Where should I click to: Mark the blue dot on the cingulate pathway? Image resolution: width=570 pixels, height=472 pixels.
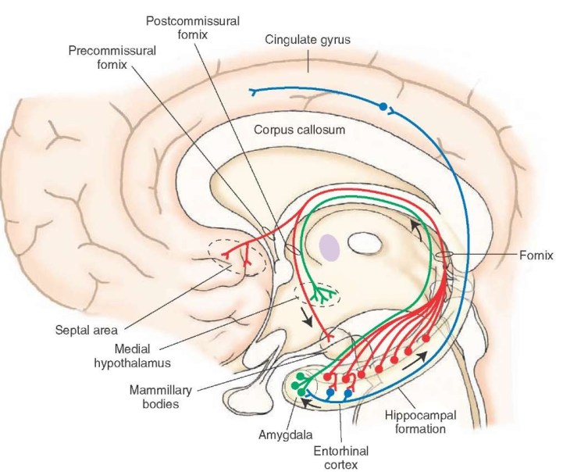pos(383,105)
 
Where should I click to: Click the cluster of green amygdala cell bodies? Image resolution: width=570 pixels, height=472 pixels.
pos(299,384)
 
